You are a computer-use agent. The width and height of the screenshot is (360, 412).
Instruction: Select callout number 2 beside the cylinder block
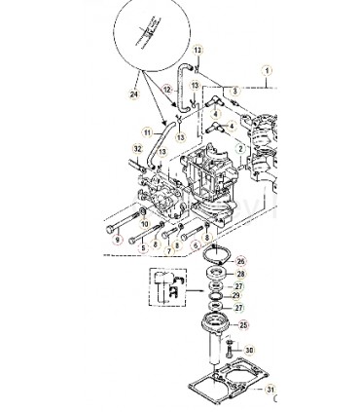pyautogui.click(x=239, y=149)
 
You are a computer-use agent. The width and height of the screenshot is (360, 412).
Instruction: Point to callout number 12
pyautogui.click(x=167, y=90)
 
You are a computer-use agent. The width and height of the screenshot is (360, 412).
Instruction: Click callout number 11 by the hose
pyautogui.click(x=148, y=132)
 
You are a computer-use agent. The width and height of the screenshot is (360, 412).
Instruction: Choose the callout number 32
pyautogui.click(x=137, y=148)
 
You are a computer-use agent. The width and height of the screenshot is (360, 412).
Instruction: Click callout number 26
pyautogui.click(x=241, y=261)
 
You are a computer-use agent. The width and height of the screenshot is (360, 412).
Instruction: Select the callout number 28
pyautogui.click(x=241, y=275)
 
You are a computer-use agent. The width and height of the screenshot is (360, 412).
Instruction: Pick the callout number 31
pyautogui.click(x=271, y=390)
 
